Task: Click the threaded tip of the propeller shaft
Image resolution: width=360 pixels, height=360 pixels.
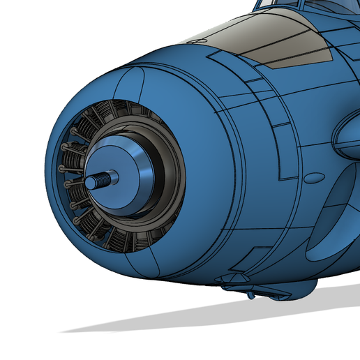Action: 96,181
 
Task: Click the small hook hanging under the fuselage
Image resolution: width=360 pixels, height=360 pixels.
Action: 250,296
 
